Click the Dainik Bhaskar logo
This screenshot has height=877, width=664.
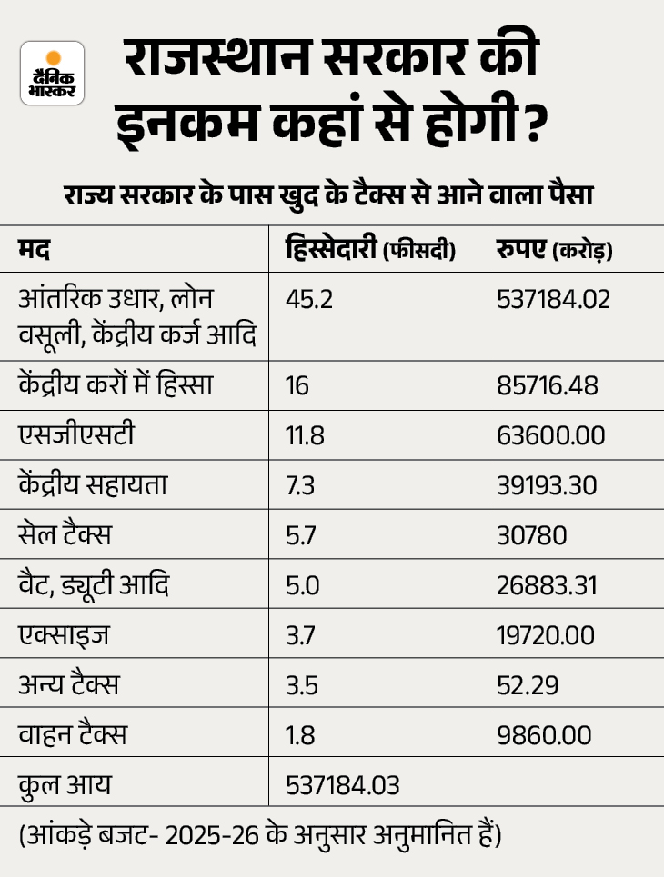[52, 73]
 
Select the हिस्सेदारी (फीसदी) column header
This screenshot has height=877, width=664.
[369, 248]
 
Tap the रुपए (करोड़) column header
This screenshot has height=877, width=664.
[554, 248]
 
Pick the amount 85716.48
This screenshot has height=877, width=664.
[548, 385]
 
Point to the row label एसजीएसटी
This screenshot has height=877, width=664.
[76, 435]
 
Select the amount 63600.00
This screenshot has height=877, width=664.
[550, 435]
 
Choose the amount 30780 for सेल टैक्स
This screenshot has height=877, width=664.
[532, 535]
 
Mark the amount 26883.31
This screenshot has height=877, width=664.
[547, 585]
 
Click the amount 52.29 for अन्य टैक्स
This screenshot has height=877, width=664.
[522, 685]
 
